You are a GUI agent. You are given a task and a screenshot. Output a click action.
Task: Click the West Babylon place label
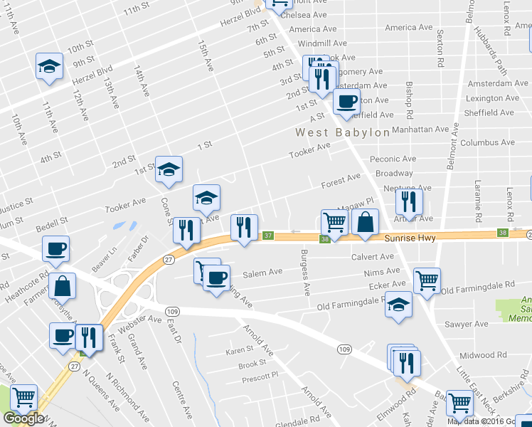coord(343,132)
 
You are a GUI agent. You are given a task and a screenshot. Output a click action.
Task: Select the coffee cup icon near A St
coord(346,101)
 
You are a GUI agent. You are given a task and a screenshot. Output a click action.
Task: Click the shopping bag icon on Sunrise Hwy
coord(365,221)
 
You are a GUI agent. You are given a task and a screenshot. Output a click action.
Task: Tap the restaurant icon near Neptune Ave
coord(409,202)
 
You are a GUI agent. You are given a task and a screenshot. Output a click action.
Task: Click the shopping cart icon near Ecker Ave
coord(427,280)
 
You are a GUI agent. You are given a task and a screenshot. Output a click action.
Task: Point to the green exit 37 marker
coord(268,236)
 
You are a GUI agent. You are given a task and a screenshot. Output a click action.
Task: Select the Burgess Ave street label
coord(306,273)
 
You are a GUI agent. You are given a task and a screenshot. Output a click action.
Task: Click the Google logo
coord(23,418)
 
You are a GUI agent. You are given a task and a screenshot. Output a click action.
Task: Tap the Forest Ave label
coord(341,180)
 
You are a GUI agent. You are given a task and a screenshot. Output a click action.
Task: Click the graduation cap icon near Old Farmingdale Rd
coord(399,304)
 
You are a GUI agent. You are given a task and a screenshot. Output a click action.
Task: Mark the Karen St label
coord(240,350)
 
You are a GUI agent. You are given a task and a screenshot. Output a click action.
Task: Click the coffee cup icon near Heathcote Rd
coord(55,249)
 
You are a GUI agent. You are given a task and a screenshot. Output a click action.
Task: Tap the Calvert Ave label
coord(372,256)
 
